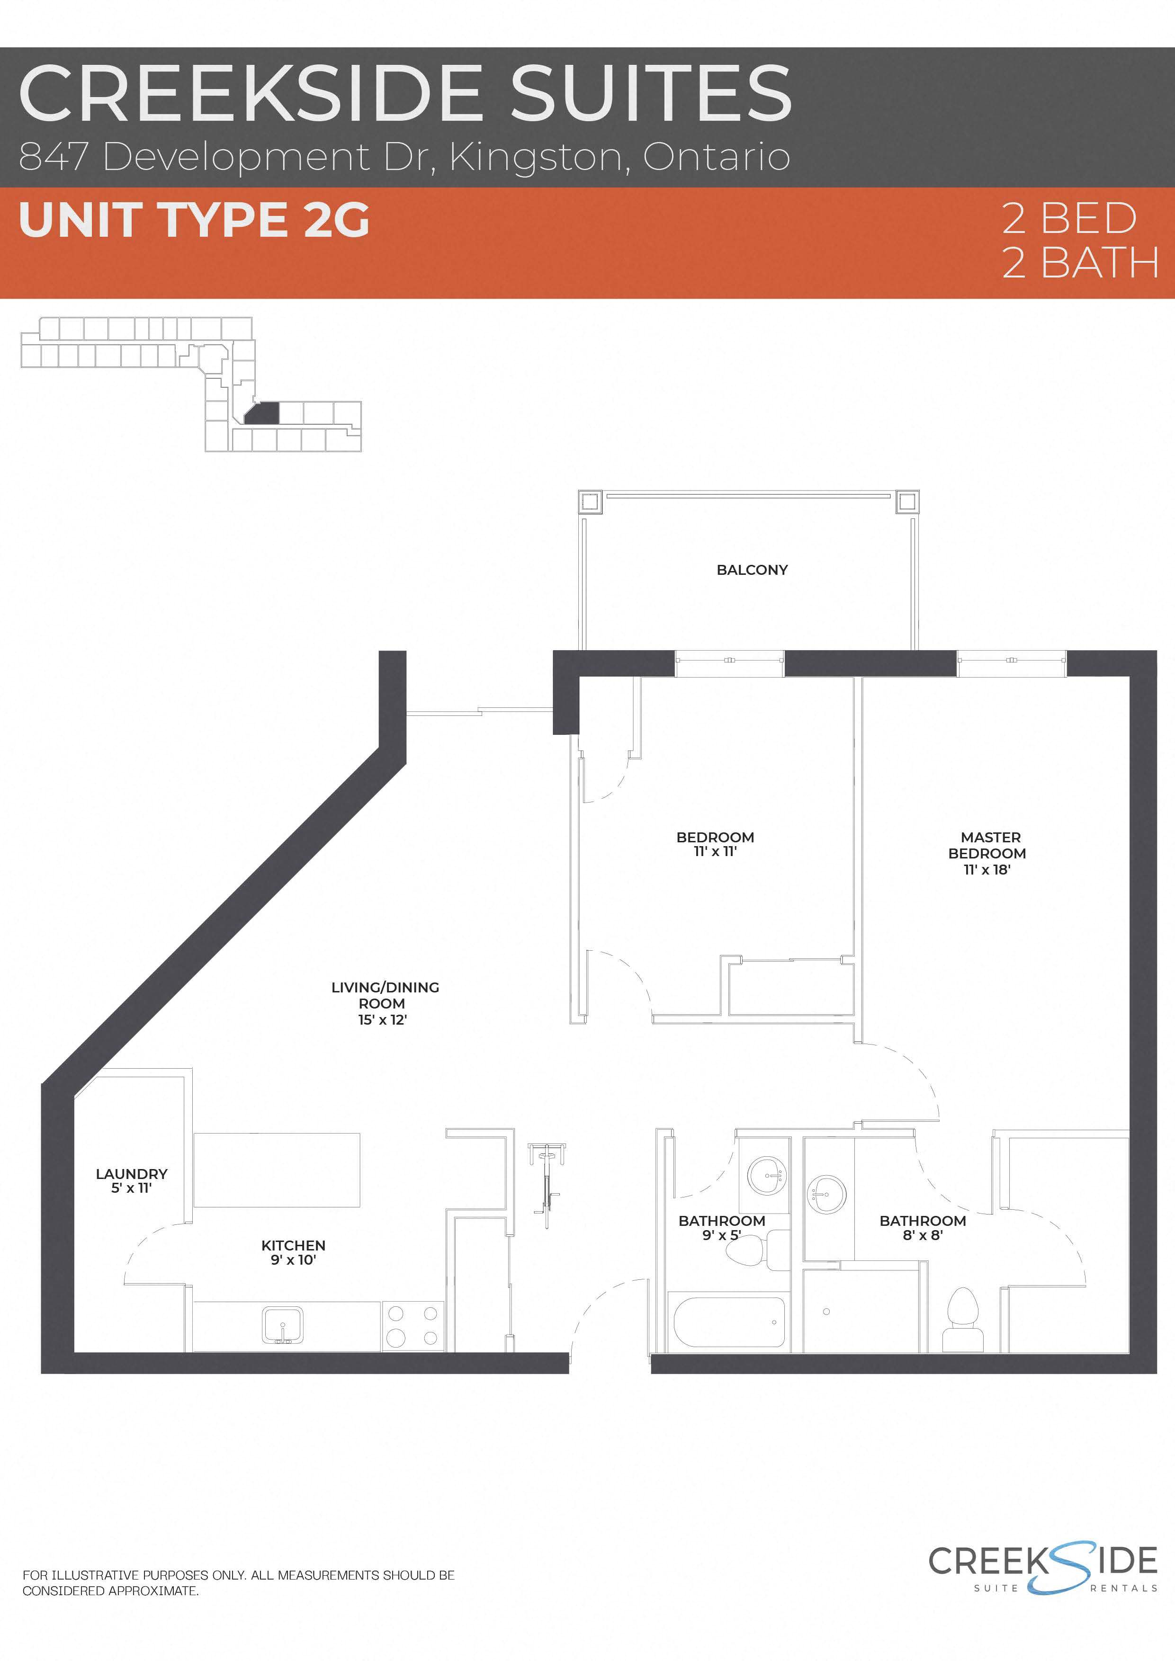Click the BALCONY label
pos(752,570)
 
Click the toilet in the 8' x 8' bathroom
pos(963,1320)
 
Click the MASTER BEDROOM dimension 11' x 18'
pos(987,870)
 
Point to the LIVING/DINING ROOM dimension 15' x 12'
pos(383,1020)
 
